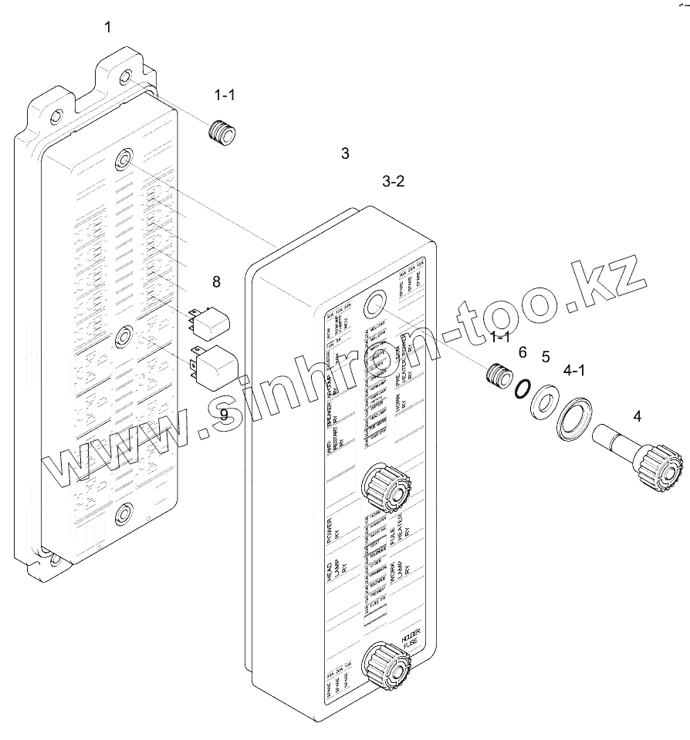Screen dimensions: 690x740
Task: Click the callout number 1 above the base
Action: point(108,28)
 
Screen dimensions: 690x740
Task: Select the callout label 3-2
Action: point(393,182)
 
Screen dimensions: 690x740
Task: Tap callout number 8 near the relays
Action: point(216,282)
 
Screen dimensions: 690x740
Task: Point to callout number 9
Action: point(224,415)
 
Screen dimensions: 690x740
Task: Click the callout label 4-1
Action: point(574,371)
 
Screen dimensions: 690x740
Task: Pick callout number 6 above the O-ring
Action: point(523,352)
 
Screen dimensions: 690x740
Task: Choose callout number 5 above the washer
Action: point(545,357)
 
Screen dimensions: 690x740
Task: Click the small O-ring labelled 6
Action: point(523,389)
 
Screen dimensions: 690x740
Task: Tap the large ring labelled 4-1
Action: point(574,421)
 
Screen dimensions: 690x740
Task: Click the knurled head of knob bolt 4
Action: point(660,467)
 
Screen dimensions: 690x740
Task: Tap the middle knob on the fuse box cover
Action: point(386,487)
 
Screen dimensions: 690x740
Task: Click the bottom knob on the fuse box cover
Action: point(387,664)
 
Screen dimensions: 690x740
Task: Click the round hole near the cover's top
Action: point(375,304)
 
